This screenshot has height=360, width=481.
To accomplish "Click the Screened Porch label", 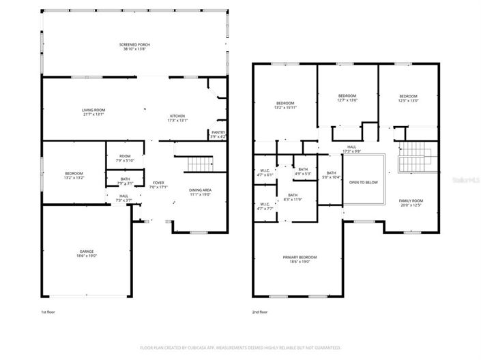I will [134, 45].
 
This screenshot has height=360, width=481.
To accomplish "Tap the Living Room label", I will [93, 110].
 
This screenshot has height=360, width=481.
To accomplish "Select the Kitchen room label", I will [177, 117].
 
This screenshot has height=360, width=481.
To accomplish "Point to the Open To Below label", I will [363, 183].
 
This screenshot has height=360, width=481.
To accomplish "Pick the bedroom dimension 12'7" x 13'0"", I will [347, 100].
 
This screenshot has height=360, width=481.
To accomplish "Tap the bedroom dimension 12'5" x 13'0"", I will [408, 100].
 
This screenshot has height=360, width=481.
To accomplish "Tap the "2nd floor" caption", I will [259, 312].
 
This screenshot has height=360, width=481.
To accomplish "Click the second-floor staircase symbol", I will [411, 159].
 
